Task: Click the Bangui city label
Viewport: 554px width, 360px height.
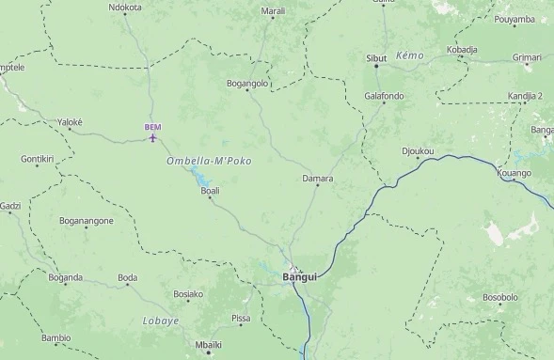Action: click(300, 277)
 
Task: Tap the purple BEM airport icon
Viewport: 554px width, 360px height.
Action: click(153, 139)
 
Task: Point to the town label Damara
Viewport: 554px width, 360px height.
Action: click(318, 178)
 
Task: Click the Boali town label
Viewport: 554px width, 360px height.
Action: click(211, 191)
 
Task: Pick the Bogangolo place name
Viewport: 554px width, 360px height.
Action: click(248, 84)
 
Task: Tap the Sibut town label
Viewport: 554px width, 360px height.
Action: click(376, 58)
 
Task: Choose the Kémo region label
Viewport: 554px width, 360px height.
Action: click(410, 56)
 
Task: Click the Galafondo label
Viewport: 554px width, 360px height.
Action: click(384, 96)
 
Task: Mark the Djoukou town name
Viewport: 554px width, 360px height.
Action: click(418, 150)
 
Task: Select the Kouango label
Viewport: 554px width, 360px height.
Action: click(514, 173)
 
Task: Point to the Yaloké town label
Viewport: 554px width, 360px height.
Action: click(71, 122)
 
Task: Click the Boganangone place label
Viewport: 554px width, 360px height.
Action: click(87, 221)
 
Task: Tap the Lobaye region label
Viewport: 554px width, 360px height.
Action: click(160, 321)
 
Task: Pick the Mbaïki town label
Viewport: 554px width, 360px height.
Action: click(208, 344)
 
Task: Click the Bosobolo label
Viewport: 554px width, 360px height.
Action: click(500, 297)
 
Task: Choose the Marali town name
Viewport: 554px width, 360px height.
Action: click(273, 11)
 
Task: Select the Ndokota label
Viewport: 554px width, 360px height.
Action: click(125, 8)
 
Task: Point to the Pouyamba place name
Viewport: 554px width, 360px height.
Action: click(514, 20)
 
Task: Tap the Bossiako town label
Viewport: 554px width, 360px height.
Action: click(188, 294)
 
